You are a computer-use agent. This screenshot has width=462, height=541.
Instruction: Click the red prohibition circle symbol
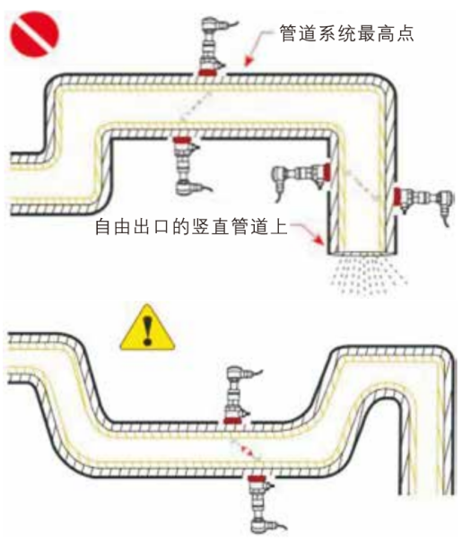[34, 34]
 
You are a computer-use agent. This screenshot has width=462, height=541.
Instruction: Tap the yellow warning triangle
[147, 327]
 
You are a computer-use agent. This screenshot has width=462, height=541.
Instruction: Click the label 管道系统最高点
[346, 33]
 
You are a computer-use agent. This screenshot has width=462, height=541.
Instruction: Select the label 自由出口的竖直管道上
[191, 226]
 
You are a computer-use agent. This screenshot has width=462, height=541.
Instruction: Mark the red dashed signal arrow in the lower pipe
[245, 450]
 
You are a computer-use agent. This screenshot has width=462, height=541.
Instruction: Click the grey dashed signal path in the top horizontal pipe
[196, 105]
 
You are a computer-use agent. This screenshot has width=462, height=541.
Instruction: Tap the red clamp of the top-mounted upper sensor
[207, 73]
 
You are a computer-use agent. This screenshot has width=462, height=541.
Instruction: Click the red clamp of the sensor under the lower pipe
[256, 478]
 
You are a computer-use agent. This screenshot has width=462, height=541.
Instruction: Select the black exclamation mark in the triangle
[148, 330]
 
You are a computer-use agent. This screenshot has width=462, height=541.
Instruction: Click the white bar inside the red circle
[34, 34]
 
